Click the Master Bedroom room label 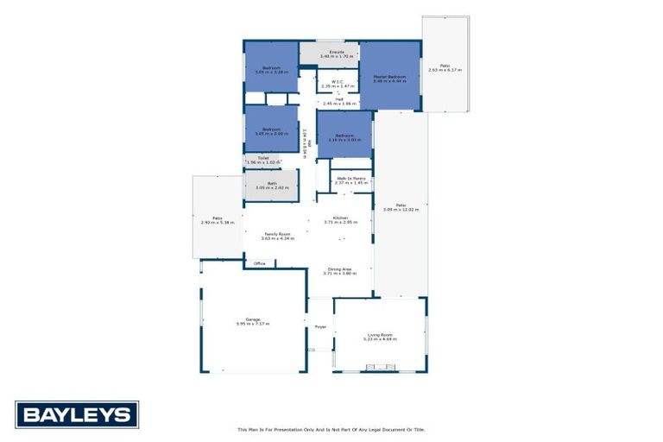pos(389,76)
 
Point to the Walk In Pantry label pos(350,179)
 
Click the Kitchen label pos(340,218)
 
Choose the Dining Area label pos(339,269)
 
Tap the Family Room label pos(277,234)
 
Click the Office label pos(259,263)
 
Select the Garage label pos(253,319)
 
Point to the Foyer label pos(319,327)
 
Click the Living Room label pos(380,335)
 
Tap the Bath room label pos(271,183)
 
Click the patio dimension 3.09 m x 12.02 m pos(401,209)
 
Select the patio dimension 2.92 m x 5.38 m pos(218,223)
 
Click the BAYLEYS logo pos(77,414)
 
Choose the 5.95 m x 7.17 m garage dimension pos(253,324)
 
